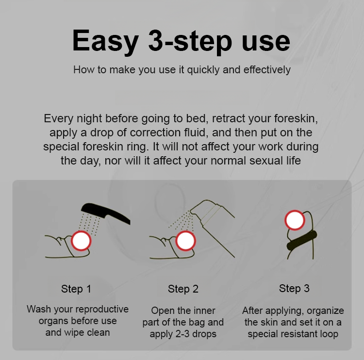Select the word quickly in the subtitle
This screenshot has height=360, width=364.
(x=203, y=70)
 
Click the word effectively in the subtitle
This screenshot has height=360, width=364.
(x=257, y=70)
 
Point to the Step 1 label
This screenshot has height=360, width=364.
(x=76, y=289)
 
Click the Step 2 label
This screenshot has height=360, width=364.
(x=183, y=289)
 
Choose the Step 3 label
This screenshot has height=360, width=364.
(x=294, y=289)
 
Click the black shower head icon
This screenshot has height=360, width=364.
(x=106, y=213)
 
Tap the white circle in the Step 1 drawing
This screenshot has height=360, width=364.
(x=81, y=241)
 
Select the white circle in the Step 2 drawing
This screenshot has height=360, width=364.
(x=185, y=241)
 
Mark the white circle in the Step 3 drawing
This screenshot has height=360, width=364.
(x=295, y=220)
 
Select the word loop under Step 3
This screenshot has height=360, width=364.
(x=329, y=334)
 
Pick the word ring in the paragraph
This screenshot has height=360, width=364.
(x=138, y=147)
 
